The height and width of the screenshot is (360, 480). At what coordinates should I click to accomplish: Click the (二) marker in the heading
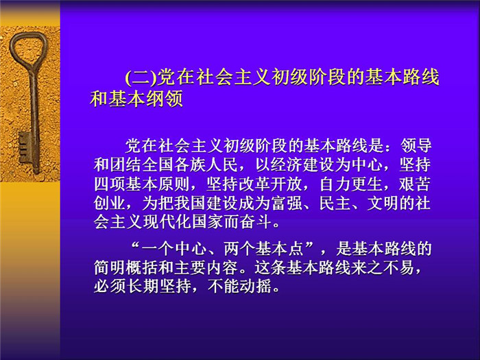(x=141, y=77)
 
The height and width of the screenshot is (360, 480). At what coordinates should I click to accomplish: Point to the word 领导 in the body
(x=416, y=145)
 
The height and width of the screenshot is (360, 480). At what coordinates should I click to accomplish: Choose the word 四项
(x=110, y=184)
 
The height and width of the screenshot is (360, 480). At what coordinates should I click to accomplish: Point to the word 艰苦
(x=416, y=184)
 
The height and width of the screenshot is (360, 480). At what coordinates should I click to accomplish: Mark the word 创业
(x=110, y=203)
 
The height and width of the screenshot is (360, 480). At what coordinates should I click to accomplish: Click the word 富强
(x=287, y=203)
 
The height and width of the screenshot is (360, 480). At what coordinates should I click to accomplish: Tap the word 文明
(x=383, y=203)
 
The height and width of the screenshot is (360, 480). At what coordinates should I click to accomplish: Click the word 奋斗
(x=254, y=222)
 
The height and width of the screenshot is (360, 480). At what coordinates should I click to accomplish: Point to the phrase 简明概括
(x=125, y=268)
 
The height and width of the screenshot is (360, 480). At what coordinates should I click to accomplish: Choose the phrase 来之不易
(x=383, y=268)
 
